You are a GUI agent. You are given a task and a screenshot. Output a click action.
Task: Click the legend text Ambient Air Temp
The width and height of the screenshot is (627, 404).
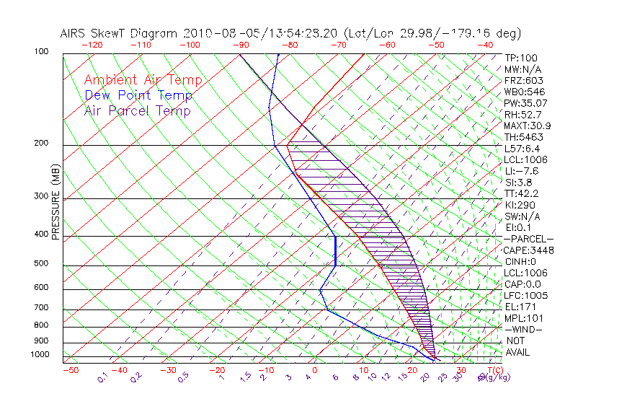click(x=143, y=80)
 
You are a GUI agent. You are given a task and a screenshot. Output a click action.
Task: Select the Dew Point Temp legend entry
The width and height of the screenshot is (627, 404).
click(x=138, y=95)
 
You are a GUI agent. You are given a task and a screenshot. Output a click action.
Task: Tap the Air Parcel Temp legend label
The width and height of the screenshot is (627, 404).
click(x=138, y=110)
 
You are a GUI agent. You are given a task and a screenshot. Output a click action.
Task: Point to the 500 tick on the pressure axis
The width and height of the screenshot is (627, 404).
click(x=40, y=263)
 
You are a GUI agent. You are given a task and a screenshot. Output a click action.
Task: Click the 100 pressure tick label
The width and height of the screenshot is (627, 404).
click(x=40, y=52)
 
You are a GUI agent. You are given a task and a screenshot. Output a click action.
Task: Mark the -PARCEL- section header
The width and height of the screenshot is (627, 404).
click(x=529, y=239)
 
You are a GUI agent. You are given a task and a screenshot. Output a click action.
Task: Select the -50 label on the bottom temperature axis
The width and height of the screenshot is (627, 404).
click(x=71, y=370)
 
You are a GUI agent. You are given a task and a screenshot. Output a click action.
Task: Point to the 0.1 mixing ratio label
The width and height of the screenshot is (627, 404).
click(x=103, y=377)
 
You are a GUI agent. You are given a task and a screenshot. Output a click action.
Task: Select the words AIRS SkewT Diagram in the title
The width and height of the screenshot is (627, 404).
click(x=120, y=33)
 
